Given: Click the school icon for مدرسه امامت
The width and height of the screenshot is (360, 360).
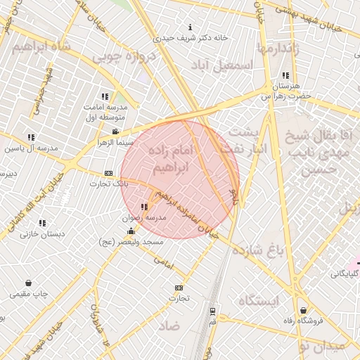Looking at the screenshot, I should [105, 96].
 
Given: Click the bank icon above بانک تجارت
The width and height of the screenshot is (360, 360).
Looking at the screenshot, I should [108, 173].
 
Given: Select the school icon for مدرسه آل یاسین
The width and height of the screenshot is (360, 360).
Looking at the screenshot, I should [30, 137].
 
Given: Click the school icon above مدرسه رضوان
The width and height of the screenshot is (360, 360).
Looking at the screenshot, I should [144, 207].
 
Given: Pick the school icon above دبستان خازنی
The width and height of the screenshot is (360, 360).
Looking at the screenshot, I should [42, 223].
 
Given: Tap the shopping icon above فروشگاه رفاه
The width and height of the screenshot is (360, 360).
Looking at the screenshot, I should [303, 310].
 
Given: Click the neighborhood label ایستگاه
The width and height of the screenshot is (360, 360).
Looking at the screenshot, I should [259, 300].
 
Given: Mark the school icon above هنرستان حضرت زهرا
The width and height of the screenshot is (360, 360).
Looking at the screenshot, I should [285, 75].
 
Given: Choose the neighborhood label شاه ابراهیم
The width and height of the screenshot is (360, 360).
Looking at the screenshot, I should [50, 49].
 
